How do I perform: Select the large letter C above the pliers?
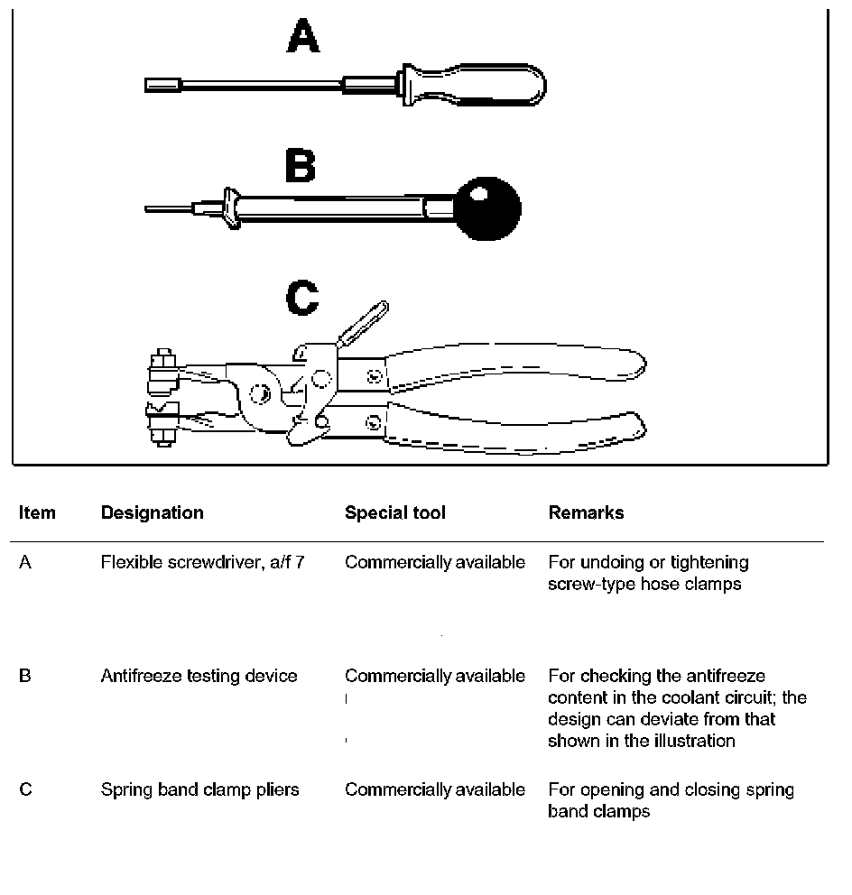[x=302, y=299]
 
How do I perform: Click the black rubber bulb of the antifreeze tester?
[x=488, y=208]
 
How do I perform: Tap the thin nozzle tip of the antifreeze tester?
[x=167, y=209]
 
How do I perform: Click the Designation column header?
[x=152, y=512]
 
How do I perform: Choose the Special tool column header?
[x=394, y=512]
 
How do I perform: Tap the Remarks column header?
[x=586, y=512]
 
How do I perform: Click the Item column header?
[x=37, y=512]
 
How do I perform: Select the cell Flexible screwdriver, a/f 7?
[x=202, y=562]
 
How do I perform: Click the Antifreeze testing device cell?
[x=199, y=676]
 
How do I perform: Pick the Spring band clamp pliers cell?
[x=199, y=789]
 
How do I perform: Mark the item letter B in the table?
[x=25, y=676]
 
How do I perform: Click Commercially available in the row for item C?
[x=434, y=789]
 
